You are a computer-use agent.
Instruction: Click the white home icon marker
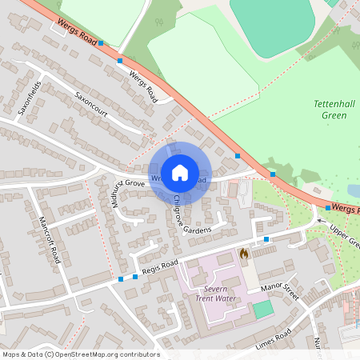pyautogui.click(x=180, y=172)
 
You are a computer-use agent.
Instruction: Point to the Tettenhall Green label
pyautogui.click(x=329, y=109)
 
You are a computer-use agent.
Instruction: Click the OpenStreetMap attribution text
pyautogui.click(x=80, y=354)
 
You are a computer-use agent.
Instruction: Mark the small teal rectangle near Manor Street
pyautogui.click(x=262, y=308)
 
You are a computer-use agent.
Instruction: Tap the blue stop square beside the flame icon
pyautogui.click(x=266, y=239)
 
